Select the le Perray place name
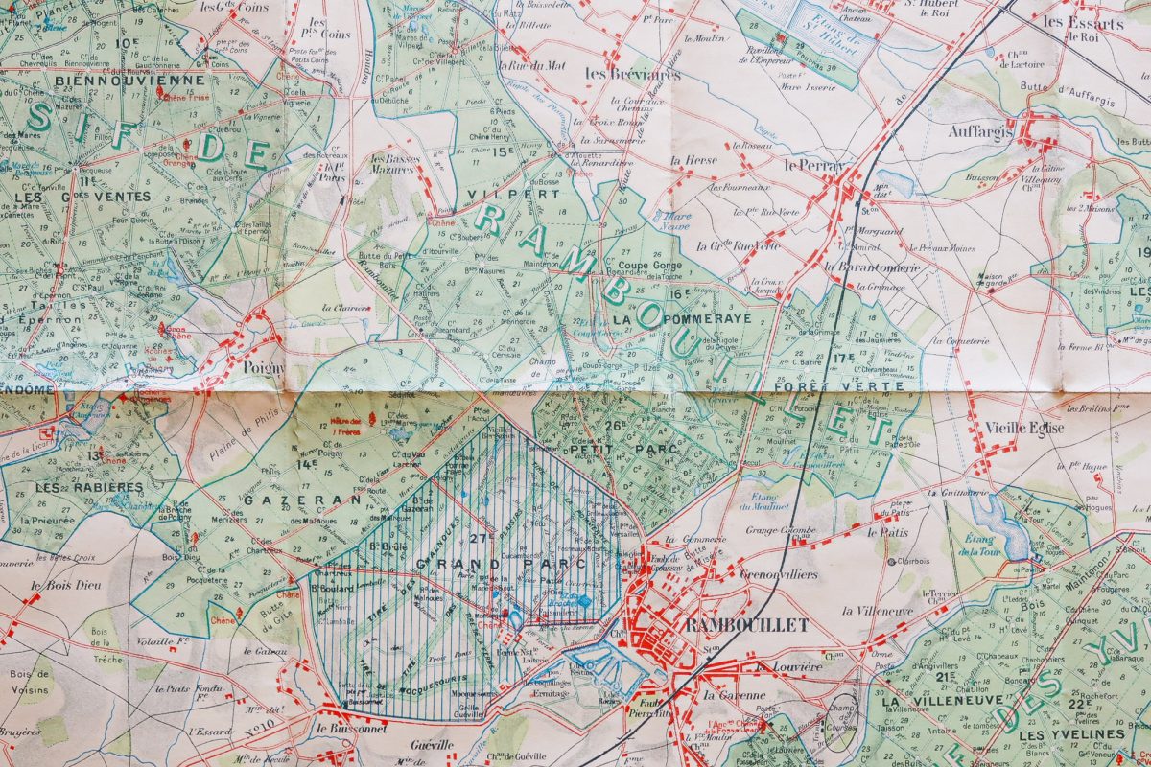812,164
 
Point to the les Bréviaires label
632,74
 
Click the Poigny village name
251,365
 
